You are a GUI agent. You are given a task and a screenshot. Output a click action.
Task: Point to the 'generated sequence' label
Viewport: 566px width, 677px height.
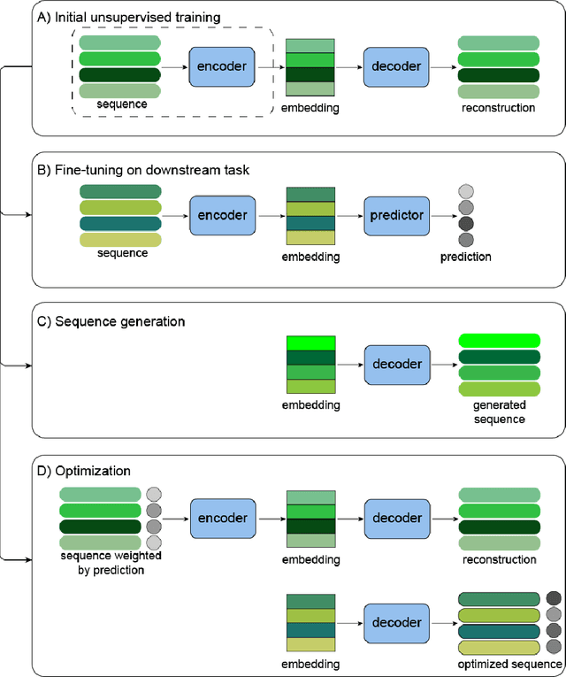pos(499,412)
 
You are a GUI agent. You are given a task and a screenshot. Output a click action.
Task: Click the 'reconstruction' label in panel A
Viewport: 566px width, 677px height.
pos(499,108)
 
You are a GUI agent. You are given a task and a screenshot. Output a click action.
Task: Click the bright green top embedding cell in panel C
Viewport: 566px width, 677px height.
pos(310,343)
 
